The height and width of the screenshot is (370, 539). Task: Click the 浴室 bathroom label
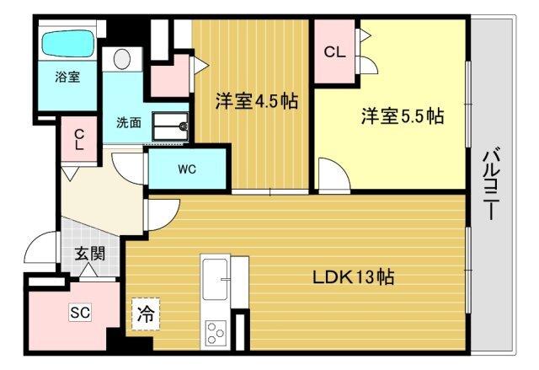67,77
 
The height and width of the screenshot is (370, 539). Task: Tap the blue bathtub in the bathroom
68,42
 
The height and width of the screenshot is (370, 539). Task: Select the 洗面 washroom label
129,121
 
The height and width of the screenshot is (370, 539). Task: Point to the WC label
187,169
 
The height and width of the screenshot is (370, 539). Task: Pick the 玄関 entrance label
89,253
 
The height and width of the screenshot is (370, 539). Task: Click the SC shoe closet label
79,312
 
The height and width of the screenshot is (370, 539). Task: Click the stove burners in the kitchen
214,331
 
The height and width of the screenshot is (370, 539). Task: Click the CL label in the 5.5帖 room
334,51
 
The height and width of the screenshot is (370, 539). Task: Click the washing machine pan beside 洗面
175,126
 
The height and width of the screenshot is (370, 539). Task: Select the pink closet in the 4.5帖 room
173,76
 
